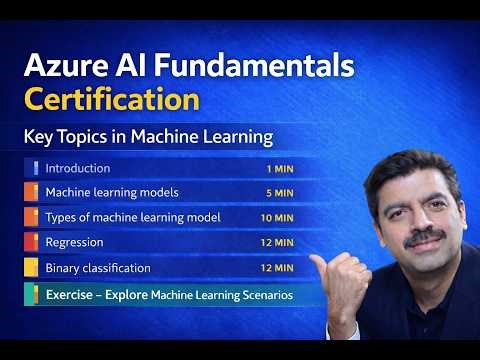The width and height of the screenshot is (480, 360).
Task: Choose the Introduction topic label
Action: [78, 168]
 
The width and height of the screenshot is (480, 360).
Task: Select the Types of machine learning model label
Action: [133, 217]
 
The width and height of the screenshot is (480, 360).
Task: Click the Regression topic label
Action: [75, 242]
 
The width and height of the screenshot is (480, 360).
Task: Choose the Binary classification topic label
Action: [98, 268]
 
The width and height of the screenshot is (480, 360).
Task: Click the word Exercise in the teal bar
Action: [71, 295]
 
